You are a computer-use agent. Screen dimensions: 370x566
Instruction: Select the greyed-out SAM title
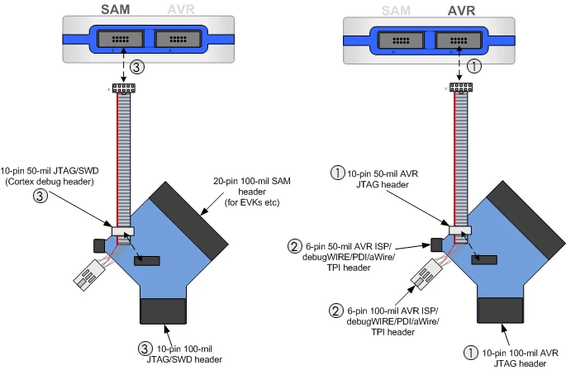click(397, 10)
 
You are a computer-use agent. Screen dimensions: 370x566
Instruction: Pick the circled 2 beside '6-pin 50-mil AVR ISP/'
click(294, 245)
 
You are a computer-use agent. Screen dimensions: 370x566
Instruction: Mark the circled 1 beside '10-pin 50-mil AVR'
click(337, 174)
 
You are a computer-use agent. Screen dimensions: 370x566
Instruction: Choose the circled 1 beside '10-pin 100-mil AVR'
click(471, 351)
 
